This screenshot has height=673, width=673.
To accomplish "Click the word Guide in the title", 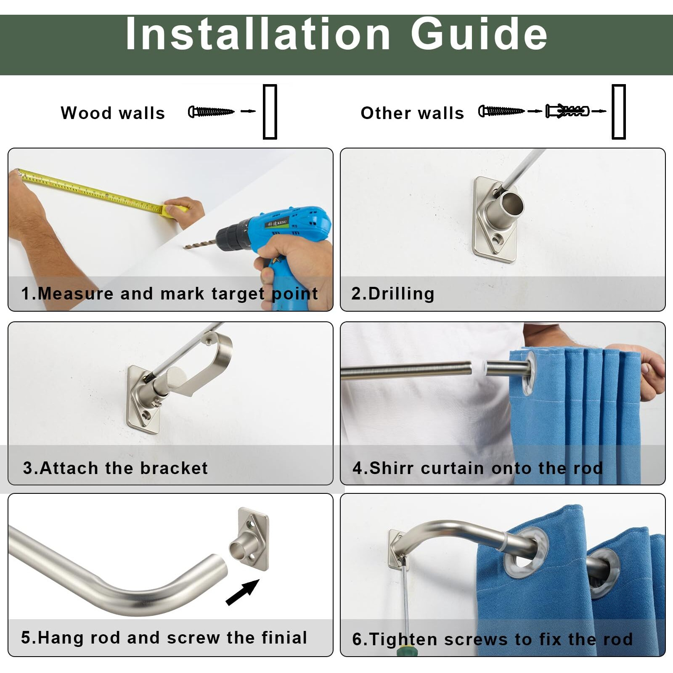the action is coord(479,34).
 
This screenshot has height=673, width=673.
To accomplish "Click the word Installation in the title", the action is coord(258,34).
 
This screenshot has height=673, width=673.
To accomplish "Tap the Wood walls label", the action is coord(113,113).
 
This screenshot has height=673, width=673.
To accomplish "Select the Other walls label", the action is coord(412,113).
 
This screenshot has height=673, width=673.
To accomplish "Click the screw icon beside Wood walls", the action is coord(211,111).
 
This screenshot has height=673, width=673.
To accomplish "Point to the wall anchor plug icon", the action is coord(567,111).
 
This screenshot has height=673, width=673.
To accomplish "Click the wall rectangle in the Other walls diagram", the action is coord(618,111).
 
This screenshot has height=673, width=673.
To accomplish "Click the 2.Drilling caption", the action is coord(393,294).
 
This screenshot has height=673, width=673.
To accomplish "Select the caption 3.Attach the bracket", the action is coord(115,468).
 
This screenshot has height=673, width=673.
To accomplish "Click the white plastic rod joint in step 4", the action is coord(479,368).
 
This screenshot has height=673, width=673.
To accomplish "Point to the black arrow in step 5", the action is coord(242,592).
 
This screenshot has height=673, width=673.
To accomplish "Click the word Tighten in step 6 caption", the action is coord(403,639).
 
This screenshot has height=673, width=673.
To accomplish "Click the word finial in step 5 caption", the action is coord(284,638).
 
